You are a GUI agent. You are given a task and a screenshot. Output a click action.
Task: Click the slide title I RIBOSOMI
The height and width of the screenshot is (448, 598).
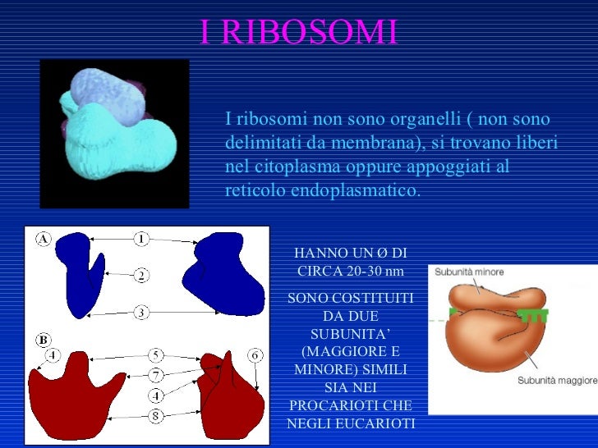[298, 32]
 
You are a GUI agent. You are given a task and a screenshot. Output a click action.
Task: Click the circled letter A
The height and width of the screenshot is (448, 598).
[43, 239]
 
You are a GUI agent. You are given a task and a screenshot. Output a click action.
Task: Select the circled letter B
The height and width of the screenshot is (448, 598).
[43, 339]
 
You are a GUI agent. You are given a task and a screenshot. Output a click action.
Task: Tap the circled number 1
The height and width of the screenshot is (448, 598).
[141, 239]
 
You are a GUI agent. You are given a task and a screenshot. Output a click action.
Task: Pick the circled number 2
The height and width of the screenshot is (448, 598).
[141, 276]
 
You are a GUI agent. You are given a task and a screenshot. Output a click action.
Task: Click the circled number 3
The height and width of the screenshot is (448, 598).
[141, 312]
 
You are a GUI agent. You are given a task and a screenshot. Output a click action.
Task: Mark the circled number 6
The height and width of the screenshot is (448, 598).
[255, 354]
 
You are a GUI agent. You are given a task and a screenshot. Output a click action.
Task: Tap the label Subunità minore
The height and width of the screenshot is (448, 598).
[469, 272]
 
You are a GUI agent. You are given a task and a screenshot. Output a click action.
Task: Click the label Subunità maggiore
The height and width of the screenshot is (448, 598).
[557, 380]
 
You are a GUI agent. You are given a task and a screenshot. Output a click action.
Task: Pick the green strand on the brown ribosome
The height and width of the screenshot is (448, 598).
[535, 314]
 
